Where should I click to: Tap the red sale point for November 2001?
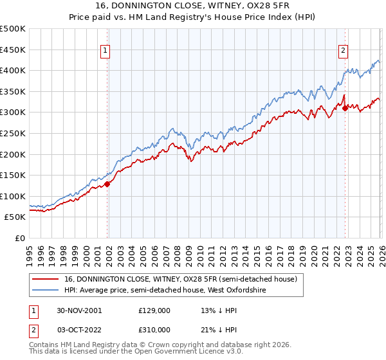(x=107, y=184)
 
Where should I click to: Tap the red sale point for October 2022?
(x=345, y=108)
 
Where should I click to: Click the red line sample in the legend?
(x=47, y=280)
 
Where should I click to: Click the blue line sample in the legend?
(x=47, y=291)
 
